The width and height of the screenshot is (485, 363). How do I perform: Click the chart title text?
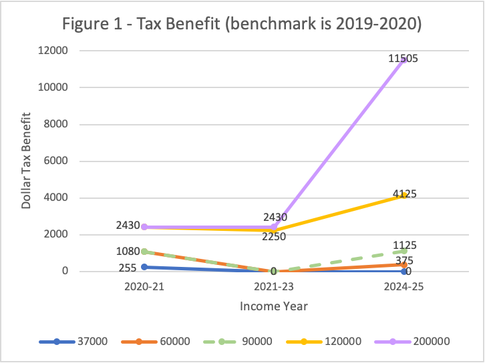pyautogui.click(x=242, y=24)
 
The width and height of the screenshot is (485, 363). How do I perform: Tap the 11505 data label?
pyautogui.click(x=403, y=59)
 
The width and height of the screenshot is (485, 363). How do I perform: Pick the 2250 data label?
pyautogui.click(x=274, y=236)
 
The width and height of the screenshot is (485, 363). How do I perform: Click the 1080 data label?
pyautogui.click(x=127, y=252)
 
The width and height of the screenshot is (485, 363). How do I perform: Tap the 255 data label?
pyautogui.click(x=128, y=268)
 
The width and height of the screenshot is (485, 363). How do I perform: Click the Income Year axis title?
pyautogui.click(x=274, y=306)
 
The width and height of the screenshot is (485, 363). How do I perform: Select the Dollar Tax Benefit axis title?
pyautogui.click(x=27, y=161)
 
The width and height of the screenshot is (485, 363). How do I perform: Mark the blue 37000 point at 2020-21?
pyautogui.click(x=144, y=267)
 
